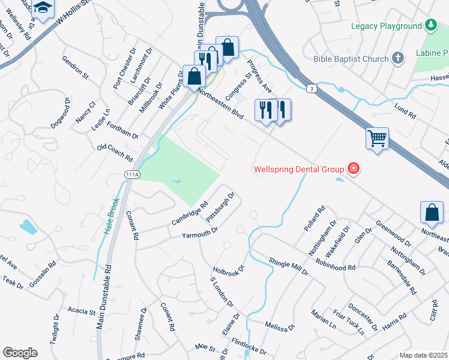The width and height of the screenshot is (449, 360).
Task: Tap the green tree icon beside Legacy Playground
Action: click(x=430, y=25)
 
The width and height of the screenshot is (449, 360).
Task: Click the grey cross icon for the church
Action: click(x=397, y=58)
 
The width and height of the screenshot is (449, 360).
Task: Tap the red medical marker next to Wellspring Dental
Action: click(x=354, y=169)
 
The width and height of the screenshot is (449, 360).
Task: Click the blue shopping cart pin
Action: click(x=377, y=139)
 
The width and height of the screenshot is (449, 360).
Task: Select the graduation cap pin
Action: click(x=43, y=7)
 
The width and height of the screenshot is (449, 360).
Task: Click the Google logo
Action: click(x=20, y=353)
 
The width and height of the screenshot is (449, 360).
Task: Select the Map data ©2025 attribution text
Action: click(x=423, y=355)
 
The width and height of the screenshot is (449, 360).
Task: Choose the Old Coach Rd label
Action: click(x=114, y=152)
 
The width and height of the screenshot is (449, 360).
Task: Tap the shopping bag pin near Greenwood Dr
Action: click(x=432, y=212)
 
